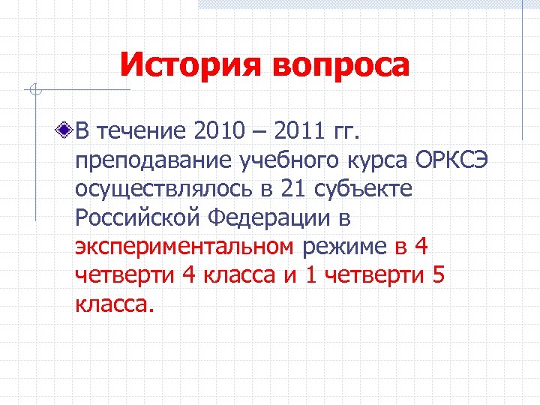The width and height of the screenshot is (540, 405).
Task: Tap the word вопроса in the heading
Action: tap(341, 65)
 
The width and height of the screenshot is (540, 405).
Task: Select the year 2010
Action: tap(220, 132)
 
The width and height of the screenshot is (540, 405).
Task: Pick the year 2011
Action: tap(298, 132)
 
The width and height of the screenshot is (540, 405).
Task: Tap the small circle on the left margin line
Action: tap(34, 91)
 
